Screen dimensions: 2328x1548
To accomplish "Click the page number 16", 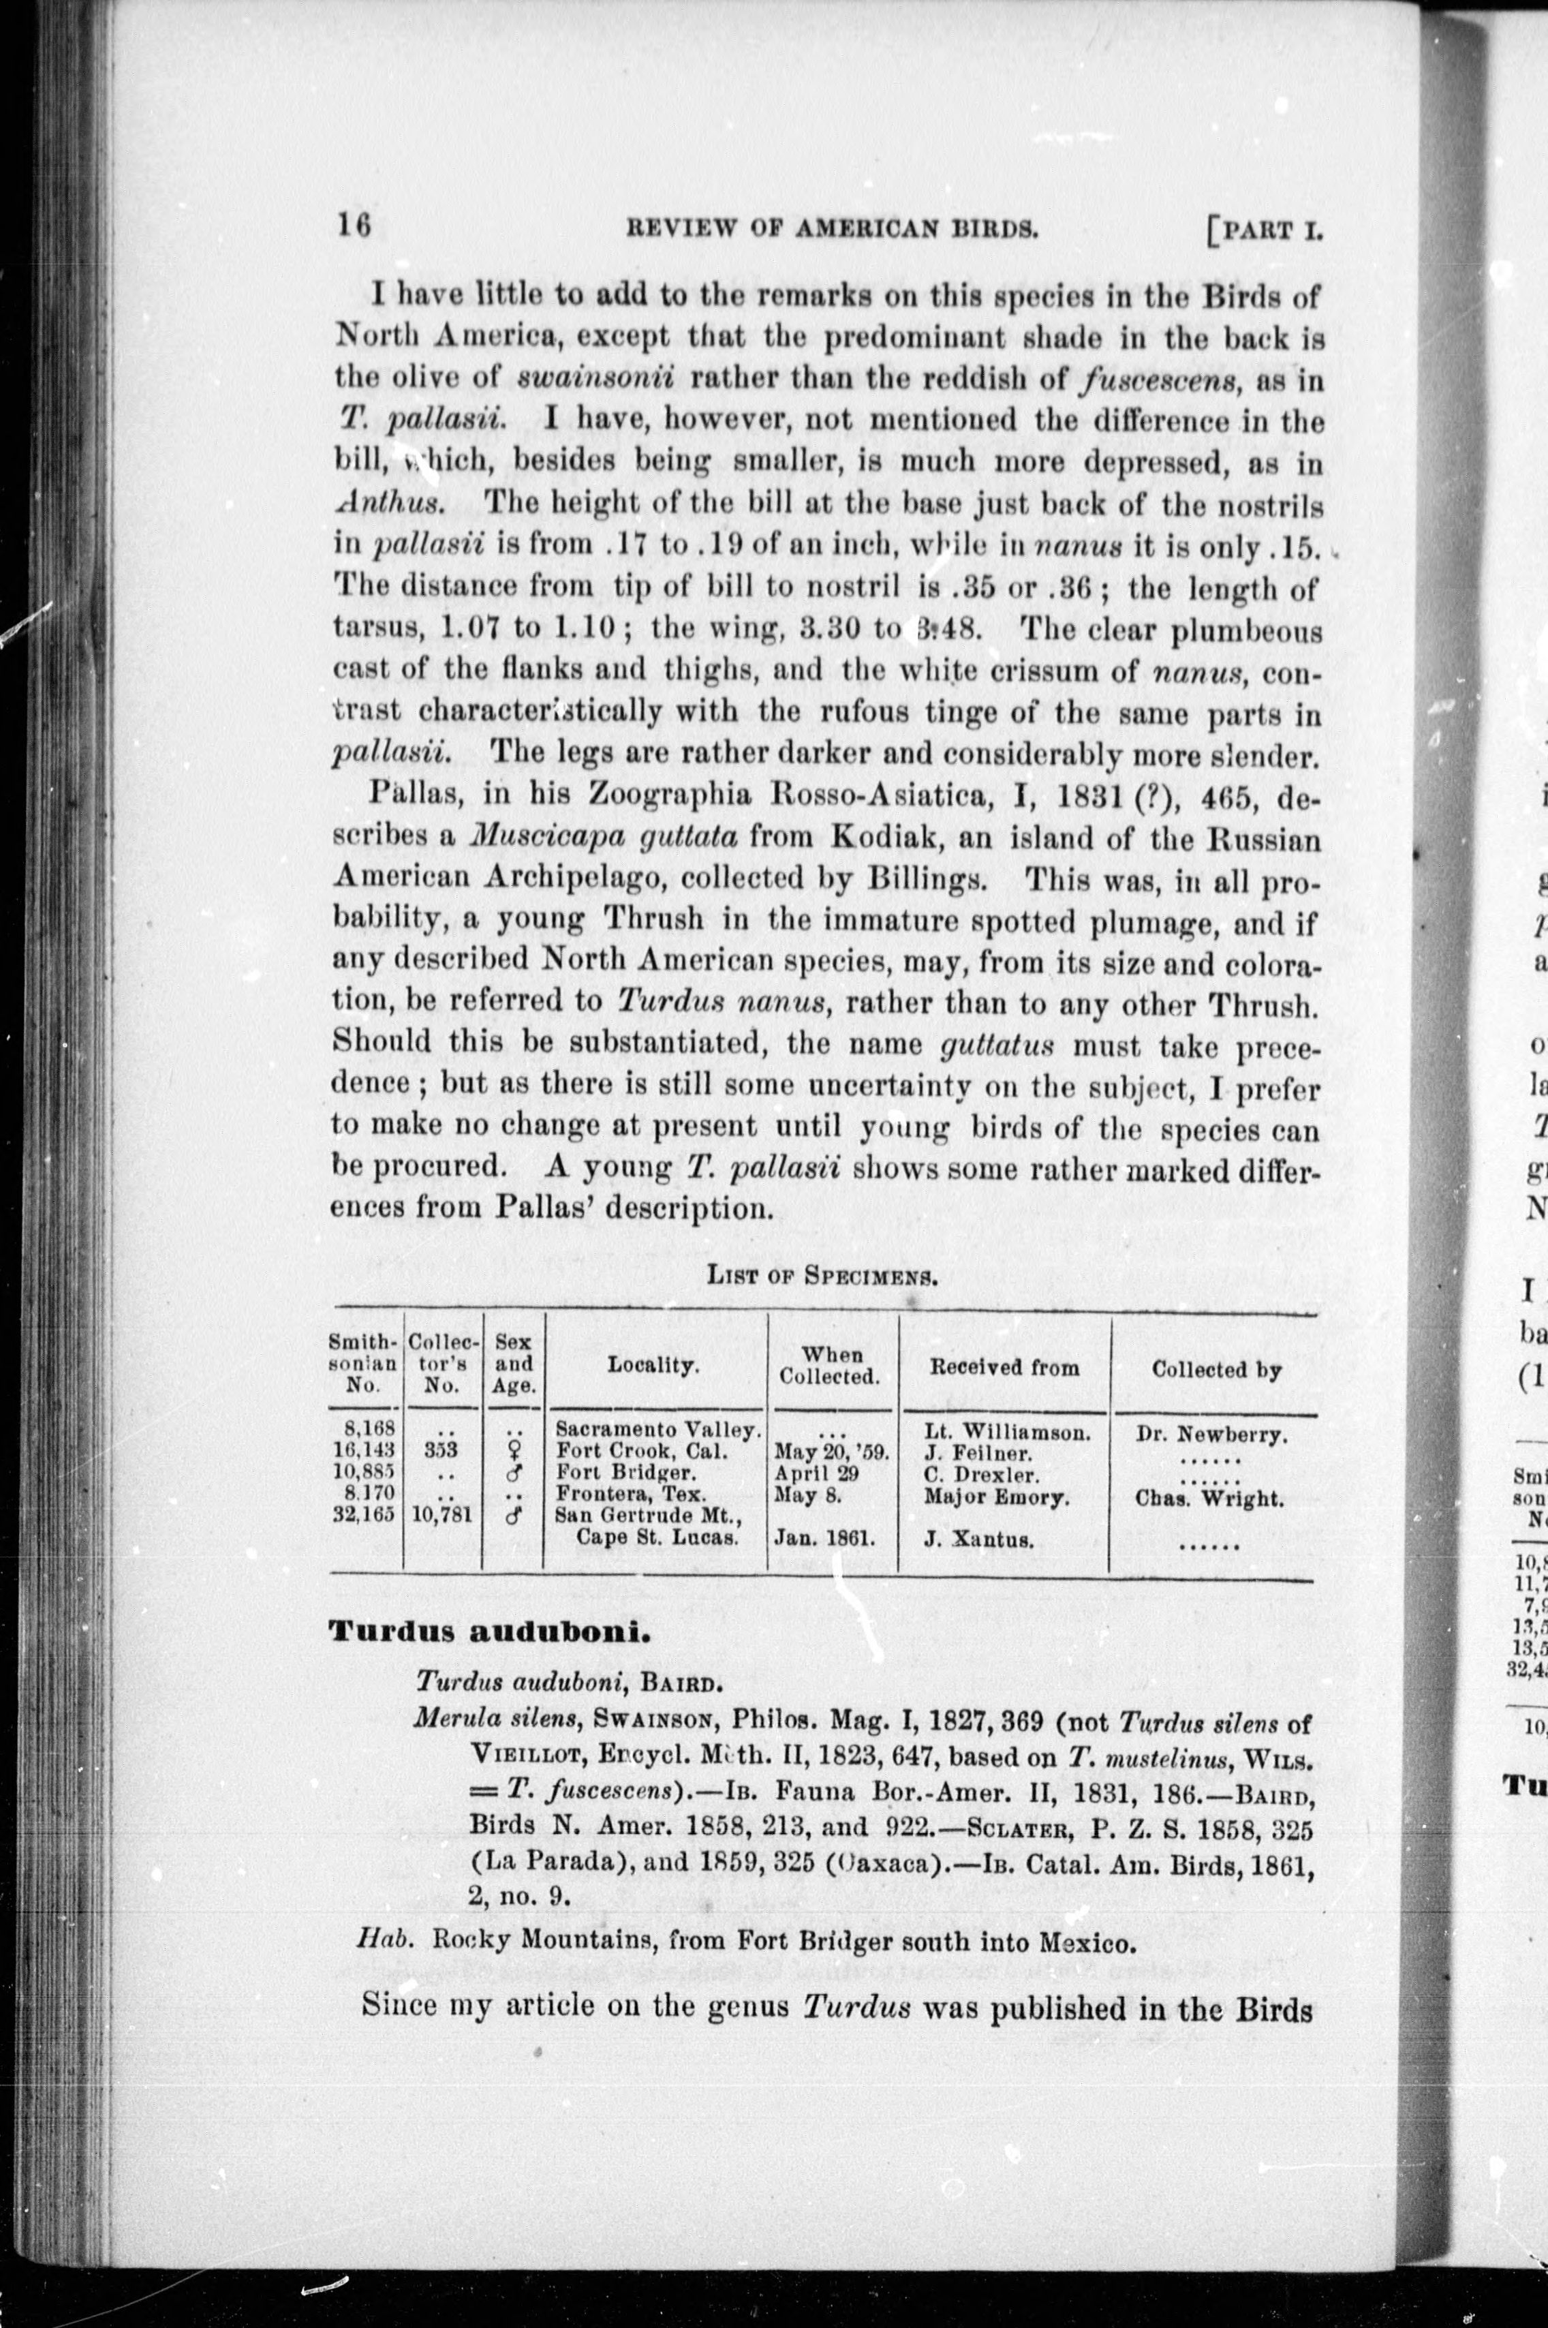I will point(354,226).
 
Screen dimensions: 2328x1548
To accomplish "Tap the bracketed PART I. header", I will point(1264,231).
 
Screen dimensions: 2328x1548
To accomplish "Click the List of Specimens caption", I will point(822,1274).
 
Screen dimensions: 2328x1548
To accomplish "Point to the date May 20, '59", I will point(832,1452).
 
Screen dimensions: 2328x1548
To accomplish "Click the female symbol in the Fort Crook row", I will point(512,1452).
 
